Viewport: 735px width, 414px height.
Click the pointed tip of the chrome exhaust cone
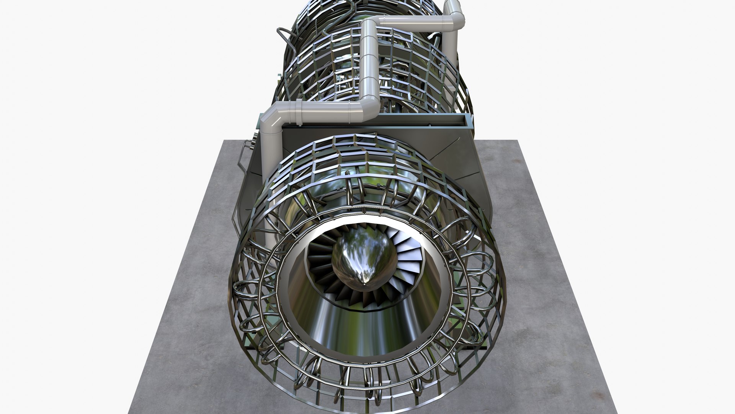coord(364,285)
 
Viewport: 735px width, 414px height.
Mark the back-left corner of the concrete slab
coord(224,141)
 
